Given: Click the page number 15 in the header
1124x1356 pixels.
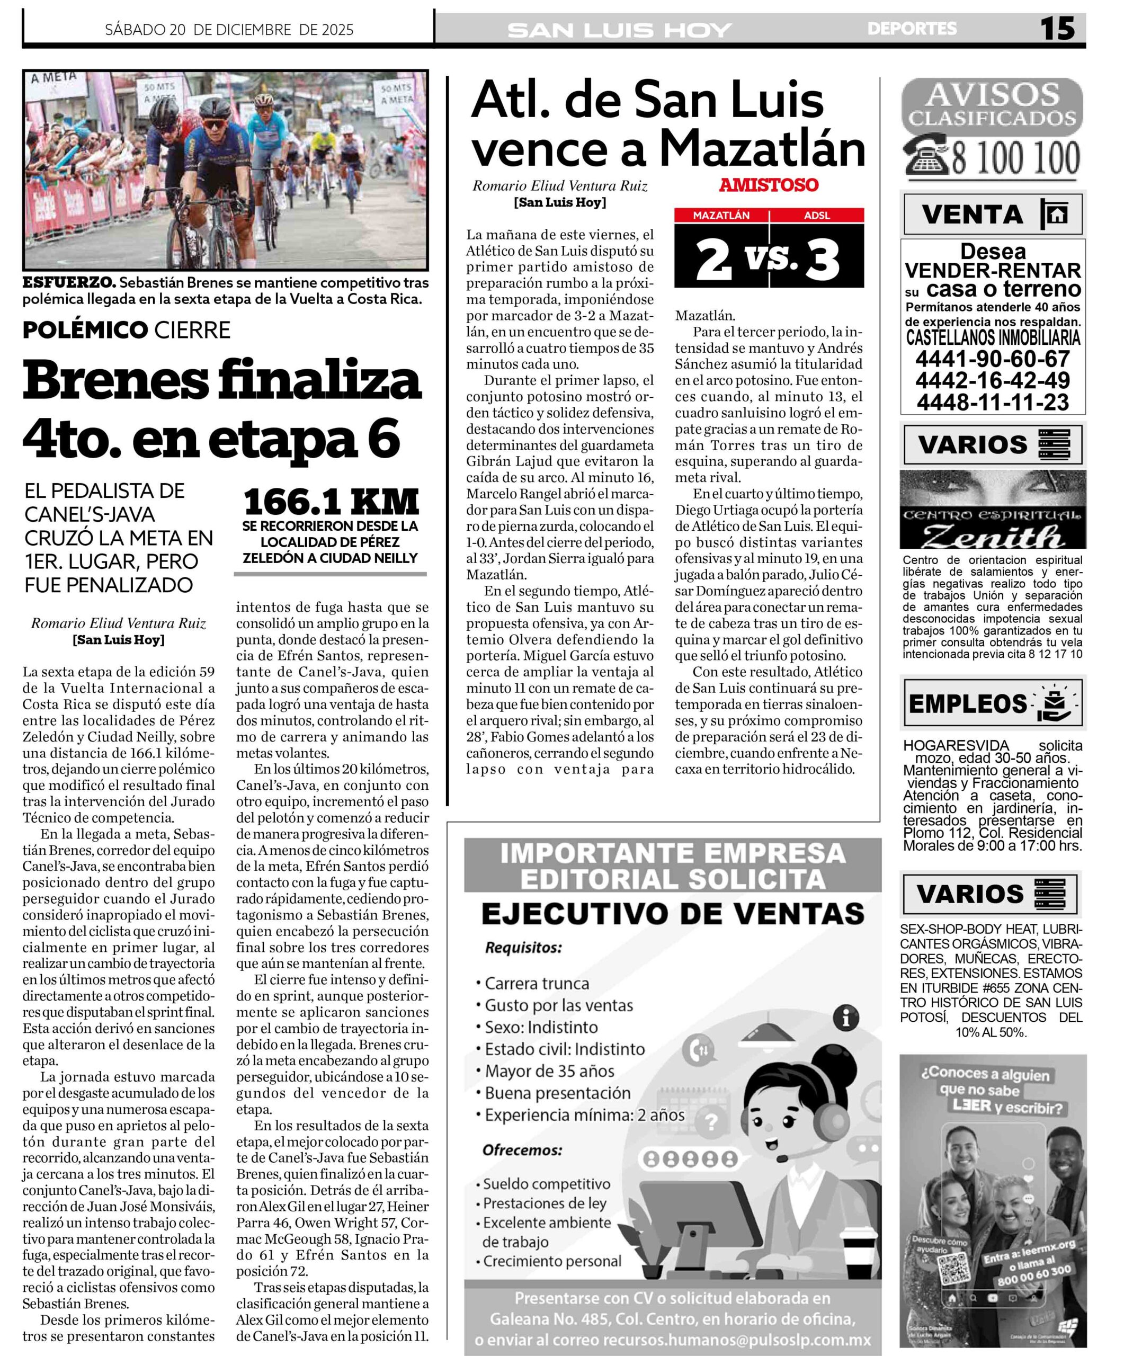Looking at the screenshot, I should (1057, 29).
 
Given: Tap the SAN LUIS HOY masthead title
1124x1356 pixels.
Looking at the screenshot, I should (619, 30).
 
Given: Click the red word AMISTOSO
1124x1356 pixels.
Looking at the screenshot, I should (768, 185).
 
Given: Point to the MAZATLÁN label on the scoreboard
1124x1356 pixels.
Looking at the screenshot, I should (721, 216).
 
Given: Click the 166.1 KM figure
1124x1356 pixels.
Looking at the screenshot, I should (331, 502).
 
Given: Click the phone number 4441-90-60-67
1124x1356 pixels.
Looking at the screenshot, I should (992, 359).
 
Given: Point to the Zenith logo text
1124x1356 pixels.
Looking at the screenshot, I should (992, 536).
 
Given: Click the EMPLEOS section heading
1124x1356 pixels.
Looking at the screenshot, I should (967, 704).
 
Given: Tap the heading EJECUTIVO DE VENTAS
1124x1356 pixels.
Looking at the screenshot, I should (672, 914).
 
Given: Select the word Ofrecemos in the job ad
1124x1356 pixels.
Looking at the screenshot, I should (522, 1150).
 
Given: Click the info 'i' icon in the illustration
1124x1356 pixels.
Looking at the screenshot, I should (846, 1019).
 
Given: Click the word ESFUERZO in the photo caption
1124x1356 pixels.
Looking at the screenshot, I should (69, 283).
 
